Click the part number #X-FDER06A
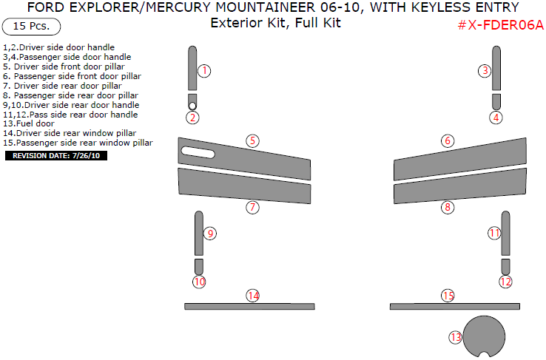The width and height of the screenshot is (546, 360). pos(499,25)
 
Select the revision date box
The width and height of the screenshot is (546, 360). pos(57,156)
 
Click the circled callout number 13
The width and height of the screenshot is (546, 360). pos(455,337)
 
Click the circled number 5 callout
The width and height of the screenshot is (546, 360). pos(252,140)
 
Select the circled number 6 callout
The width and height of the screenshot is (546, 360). pos(448,140)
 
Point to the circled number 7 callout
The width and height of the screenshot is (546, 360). pos(252,208)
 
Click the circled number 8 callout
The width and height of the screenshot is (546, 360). pos(448,208)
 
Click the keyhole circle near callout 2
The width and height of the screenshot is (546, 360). pos(192,106)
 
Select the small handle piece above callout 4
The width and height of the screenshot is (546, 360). pos(496,101)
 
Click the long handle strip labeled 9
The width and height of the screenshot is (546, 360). pos(198,234)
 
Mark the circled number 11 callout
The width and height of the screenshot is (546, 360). pos(494,233)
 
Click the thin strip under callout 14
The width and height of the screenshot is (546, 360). pos(249,306)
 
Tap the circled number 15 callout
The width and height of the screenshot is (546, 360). pos(448,296)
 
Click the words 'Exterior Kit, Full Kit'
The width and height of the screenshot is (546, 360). pos(275,23)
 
